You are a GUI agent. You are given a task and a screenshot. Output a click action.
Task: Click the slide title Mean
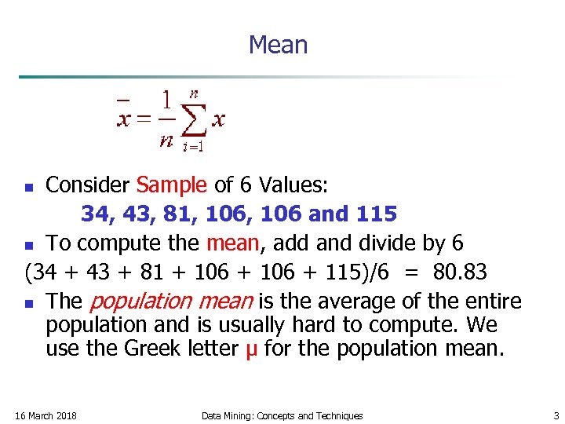278,45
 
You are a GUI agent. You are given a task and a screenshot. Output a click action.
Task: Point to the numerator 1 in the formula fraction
166,101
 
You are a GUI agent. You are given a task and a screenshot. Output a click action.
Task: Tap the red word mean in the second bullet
231,243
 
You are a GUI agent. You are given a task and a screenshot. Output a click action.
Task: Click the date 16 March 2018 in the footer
46,415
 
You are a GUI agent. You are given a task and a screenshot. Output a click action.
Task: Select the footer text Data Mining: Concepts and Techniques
282,415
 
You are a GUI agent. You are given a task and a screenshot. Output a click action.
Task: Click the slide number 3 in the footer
556,415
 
